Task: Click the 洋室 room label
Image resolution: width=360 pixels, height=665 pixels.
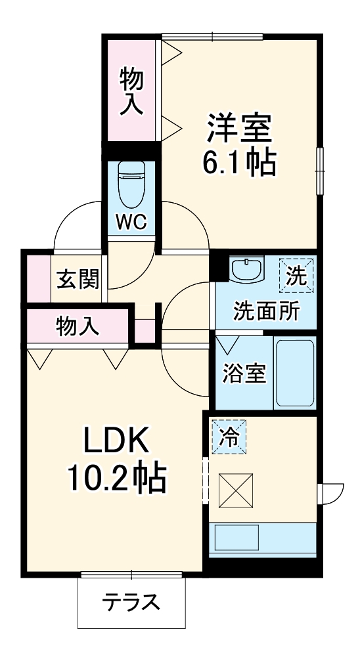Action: click(240, 129)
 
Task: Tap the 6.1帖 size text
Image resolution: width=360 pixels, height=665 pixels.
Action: click(240, 162)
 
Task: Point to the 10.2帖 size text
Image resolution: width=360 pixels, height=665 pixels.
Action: click(116, 479)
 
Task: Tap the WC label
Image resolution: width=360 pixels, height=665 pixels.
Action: click(132, 223)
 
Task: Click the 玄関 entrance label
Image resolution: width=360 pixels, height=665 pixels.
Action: click(77, 280)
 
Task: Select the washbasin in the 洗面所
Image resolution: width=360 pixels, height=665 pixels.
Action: click(246, 270)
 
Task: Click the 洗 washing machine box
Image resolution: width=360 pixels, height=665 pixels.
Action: click(296, 275)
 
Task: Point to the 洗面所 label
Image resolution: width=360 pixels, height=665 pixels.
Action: click(266, 311)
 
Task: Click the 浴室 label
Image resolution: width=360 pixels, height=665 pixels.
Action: click(243, 374)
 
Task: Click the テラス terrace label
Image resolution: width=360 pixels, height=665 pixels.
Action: click(131, 601)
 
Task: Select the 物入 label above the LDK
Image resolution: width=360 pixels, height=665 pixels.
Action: click(78, 326)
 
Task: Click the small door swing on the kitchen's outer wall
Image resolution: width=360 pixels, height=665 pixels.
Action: click(330, 492)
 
